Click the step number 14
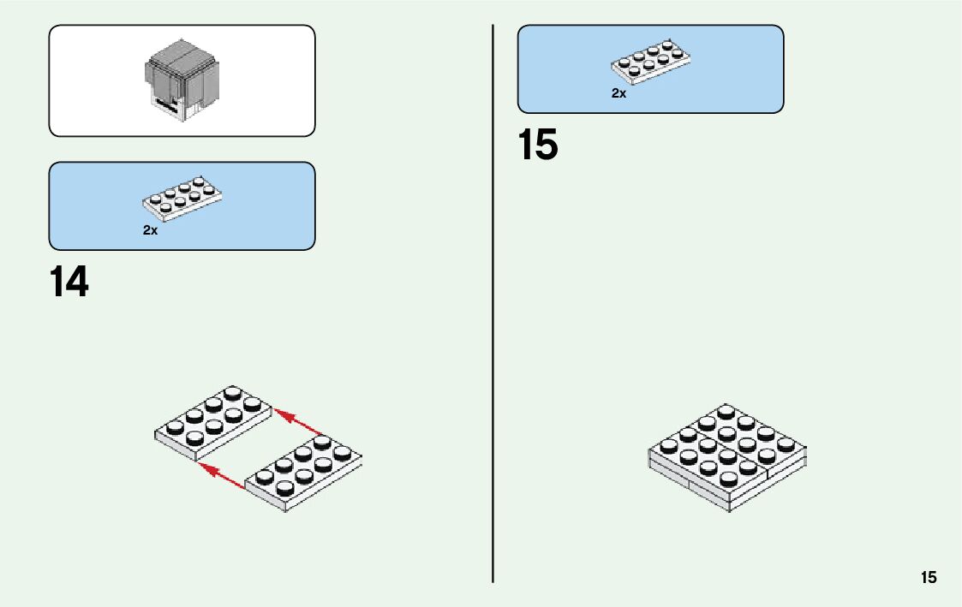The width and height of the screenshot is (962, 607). [69, 283]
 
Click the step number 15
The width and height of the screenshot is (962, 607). [537, 146]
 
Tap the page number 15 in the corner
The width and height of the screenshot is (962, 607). [929, 578]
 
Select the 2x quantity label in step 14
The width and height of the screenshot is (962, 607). [150, 230]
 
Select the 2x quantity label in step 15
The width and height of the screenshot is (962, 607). [618, 93]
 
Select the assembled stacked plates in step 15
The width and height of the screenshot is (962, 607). [727, 458]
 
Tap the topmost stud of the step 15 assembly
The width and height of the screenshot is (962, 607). [727, 411]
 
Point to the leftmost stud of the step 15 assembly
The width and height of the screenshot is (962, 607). [668, 445]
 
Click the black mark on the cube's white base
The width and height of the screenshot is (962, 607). [166, 105]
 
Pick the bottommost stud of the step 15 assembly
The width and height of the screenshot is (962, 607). [727, 478]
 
